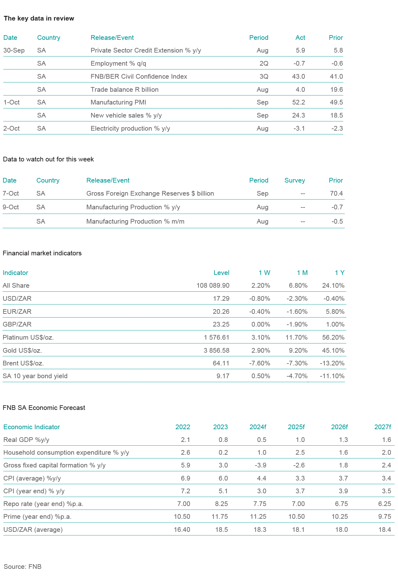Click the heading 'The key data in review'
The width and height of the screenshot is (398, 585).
(39, 18)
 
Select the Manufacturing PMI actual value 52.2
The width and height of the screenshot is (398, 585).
(299, 102)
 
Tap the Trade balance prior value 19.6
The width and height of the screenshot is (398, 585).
(337, 90)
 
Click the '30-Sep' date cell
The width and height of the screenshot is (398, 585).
(14, 50)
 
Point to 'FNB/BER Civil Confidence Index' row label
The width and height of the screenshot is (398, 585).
(139, 77)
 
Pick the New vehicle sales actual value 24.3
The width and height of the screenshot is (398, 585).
(299, 115)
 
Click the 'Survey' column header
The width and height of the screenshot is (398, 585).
(294, 180)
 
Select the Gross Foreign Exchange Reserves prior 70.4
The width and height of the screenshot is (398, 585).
(336, 193)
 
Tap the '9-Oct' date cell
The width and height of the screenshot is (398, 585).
(11, 207)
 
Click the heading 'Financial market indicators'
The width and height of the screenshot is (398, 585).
(42, 253)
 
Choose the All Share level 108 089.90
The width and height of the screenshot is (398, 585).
(213, 286)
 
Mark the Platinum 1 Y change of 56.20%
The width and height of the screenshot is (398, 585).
(333, 337)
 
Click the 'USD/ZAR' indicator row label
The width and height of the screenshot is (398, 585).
(17, 299)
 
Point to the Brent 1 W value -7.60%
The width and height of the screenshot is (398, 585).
(260, 363)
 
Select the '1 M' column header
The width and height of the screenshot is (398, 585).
(302, 273)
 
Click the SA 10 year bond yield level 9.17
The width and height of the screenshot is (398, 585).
(223, 376)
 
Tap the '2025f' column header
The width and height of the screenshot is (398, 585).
(296, 427)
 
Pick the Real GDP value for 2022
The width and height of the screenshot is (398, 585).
(185, 440)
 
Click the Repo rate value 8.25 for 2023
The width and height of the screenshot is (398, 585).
(220, 504)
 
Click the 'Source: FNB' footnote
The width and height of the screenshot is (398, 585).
(22, 567)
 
